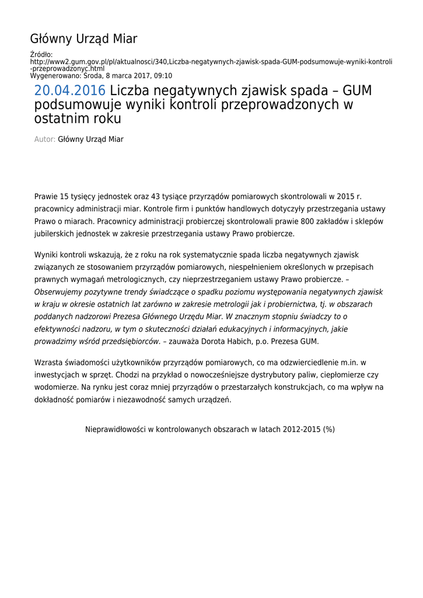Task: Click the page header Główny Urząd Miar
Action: pos(83,39)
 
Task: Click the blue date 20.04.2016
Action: pos(70,91)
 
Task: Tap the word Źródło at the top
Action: pos(41,54)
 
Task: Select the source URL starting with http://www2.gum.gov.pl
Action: pos(211,61)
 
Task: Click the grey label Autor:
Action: pos(45,140)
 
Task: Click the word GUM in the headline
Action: pos(357,91)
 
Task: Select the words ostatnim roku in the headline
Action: pos(78,119)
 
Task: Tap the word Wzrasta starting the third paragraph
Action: pos(48,363)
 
